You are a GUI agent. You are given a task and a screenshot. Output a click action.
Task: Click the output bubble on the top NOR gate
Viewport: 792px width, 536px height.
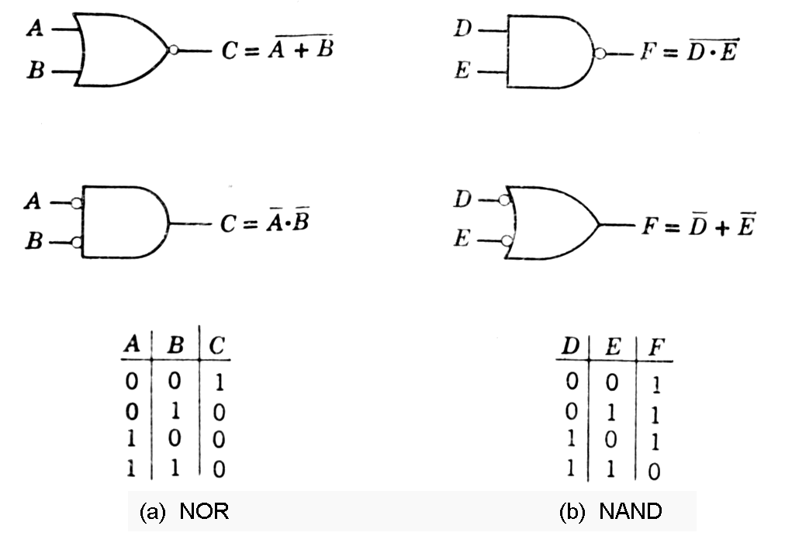click(x=175, y=50)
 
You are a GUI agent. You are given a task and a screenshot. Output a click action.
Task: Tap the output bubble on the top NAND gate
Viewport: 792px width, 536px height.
click(x=599, y=54)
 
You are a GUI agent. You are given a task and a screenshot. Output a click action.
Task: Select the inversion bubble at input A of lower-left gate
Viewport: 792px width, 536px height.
click(x=76, y=204)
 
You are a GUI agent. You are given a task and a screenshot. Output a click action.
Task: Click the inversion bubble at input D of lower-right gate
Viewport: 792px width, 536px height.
click(x=504, y=201)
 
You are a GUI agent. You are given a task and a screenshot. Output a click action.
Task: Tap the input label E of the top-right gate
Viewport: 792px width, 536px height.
click(x=462, y=73)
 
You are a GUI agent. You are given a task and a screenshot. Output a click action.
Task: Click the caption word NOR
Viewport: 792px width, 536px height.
click(x=204, y=512)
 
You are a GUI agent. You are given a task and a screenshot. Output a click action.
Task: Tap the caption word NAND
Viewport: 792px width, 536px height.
click(x=631, y=512)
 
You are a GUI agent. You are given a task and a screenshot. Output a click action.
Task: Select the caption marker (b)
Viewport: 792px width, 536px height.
click(x=572, y=512)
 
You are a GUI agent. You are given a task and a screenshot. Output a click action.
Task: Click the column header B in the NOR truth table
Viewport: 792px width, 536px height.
click(x=176, y=347)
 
